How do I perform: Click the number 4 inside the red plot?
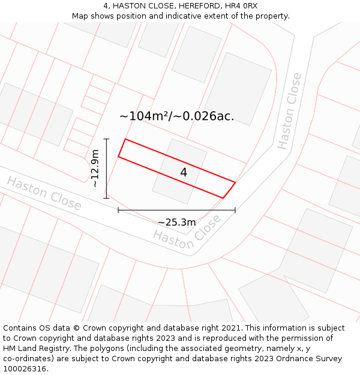coord(184,172)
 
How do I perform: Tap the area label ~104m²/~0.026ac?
coord(176,116)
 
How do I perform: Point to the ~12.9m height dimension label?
coord(95,169)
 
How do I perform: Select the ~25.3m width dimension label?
coord(176,222)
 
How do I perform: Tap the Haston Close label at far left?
coord(44,193)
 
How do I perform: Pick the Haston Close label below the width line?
coord(187,232)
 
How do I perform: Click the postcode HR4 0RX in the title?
coord(242,5)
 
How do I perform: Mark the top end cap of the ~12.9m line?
coord(106,139)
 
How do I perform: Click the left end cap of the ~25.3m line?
coord(118,210)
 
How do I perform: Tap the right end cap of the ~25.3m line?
coord(235,210)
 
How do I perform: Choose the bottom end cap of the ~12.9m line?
coord(106,198)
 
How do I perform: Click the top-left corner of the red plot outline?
coord(125,139)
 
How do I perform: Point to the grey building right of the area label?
coord(238,88)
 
